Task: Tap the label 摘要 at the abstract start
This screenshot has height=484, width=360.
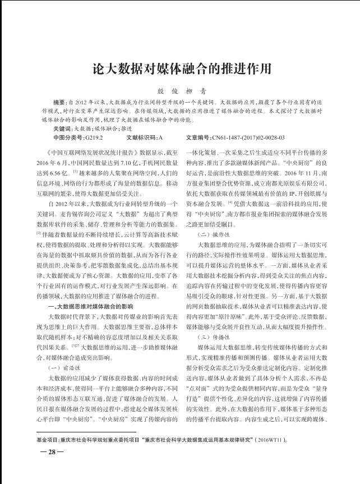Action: click(59, 103)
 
